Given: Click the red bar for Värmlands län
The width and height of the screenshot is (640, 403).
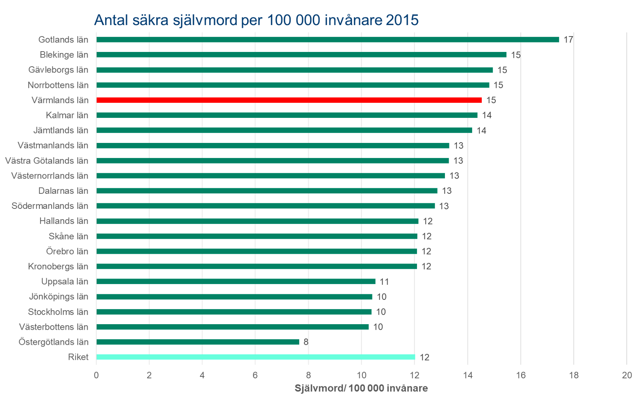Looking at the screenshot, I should point(289,100).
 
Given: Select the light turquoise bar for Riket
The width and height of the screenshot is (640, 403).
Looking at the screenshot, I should point(255,357).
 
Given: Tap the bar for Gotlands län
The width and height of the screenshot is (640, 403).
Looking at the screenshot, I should point(328,40).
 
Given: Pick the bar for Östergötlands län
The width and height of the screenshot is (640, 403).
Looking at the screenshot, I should point(198,342).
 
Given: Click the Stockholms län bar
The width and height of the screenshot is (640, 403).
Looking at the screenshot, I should point(234,312).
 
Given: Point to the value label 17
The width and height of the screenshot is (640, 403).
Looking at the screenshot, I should point(568,40).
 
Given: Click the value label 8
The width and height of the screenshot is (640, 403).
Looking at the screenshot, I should point(306,342).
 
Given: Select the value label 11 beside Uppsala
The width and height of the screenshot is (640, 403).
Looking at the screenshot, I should point(384,282).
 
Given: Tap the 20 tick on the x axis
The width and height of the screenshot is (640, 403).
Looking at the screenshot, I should point(626,375).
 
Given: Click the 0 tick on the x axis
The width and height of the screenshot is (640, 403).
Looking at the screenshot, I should point(96,375).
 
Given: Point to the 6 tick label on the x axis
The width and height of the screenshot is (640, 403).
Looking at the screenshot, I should point(255,375).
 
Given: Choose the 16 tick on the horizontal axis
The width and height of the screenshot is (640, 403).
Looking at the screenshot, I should point(520,375).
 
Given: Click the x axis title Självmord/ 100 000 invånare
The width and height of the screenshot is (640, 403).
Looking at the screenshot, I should point(361,388).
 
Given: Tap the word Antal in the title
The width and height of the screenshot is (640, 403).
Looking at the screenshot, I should point(113,20).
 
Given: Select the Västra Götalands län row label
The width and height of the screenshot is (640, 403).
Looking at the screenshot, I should point(47,161).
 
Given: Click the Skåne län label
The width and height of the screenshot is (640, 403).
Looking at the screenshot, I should point(68,236).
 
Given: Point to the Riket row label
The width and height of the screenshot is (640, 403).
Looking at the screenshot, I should point(78,357).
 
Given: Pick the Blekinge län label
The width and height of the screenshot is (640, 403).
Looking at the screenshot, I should point(64,55).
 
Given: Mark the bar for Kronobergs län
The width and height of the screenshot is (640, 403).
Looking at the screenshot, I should point(257,266).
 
